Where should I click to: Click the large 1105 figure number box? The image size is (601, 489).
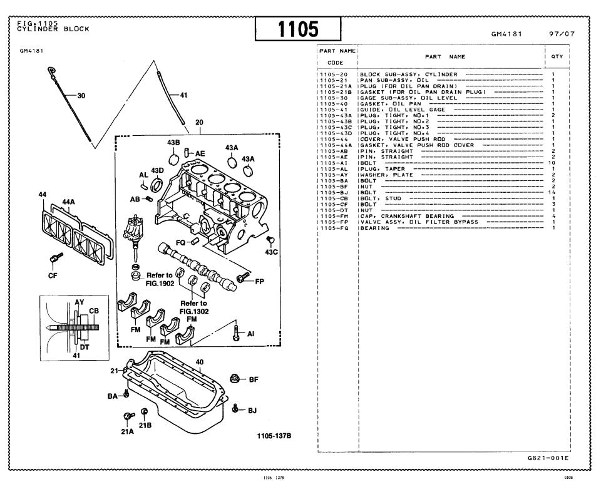click(x=298, y=28)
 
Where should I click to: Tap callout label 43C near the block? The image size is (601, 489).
click(x=270, y=252)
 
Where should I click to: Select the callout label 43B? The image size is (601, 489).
click(x=173, y=142)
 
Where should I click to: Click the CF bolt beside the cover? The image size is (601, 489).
click(x=54, y=258)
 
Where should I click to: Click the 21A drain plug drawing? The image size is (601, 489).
click(x=128, y=416)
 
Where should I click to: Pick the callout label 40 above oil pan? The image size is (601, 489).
click(x=200, y=362)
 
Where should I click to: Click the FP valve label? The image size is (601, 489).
click(x=259, y=281)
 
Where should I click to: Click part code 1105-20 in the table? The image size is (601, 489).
click(x=329, y=74)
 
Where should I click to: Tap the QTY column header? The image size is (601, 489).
click(x=557, y=56)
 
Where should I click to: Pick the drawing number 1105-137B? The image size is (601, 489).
click(x=274, y=436)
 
